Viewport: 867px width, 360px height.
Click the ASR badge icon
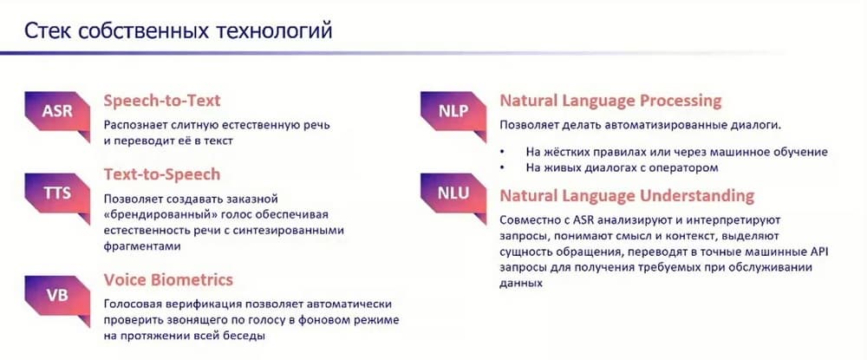click(57, 114)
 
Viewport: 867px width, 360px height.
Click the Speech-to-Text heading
click(162, 101)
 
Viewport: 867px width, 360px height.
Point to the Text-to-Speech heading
click(162, 174)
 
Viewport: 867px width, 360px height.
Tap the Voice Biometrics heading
click(169, 280)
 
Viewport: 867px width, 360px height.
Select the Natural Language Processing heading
click(610, 101)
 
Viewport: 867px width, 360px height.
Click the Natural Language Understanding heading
click(627, 196)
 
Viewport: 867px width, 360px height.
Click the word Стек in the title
click(48, 31)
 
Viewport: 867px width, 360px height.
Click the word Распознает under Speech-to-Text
click(134, 125)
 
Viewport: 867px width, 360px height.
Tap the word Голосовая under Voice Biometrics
click(131, 304)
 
